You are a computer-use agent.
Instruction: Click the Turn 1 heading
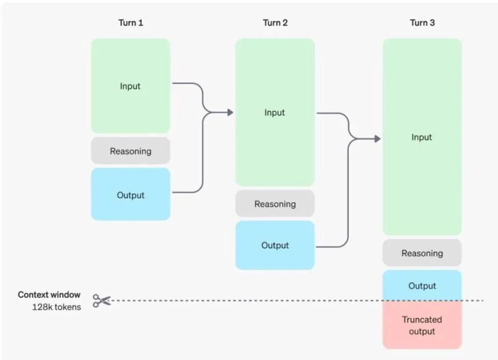click(131, 23)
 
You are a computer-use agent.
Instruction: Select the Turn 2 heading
click(275, 23)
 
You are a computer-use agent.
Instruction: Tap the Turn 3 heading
click(422, 23)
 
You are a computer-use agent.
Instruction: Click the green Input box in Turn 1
click(131, 86)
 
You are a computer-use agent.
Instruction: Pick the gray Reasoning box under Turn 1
click(131, 151)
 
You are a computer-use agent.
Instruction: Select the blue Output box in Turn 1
click(131, 195)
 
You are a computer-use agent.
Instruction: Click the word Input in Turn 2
click(274, 113)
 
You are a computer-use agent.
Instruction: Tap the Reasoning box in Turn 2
click(275, 203)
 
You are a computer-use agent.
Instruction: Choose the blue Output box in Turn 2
click(275, 245)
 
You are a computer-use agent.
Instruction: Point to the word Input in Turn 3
click(421, 137)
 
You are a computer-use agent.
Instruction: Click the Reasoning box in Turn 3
click(422, 253)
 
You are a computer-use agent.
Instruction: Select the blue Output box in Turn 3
click(422, 285)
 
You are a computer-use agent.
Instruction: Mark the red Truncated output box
click(422, 325)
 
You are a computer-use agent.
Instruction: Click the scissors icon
click(102, 300)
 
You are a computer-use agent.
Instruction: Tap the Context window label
click(49, 295)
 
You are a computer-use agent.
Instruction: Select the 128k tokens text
click(57, 307)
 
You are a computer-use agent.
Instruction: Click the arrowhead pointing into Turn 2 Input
click(230, 113)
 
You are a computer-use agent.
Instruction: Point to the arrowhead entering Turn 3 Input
click(377, 139)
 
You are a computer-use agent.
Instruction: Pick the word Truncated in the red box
click(422, 320)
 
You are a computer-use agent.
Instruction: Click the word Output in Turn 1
click(131, 195)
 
